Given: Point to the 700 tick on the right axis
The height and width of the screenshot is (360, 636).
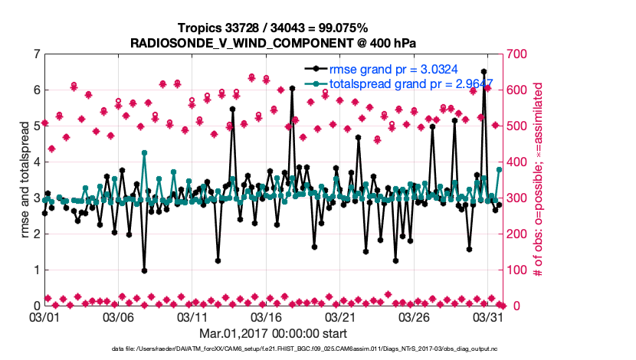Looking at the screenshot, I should pyautogui.click(x=522, y=54).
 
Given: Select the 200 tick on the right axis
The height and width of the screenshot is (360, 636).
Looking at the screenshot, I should pyautogui.click(x=522, y=234).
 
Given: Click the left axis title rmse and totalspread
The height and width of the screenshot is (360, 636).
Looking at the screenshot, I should pyautogui.click(x=24, y=180).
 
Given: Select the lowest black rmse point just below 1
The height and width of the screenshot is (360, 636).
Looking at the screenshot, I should pyautogui.click(x=144, y=270).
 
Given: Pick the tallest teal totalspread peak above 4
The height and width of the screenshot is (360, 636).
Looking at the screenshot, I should pyautogui.click(x=144, y=153).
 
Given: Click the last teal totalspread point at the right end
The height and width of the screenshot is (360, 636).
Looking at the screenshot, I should pyautogui.click(x=499, y=169).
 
